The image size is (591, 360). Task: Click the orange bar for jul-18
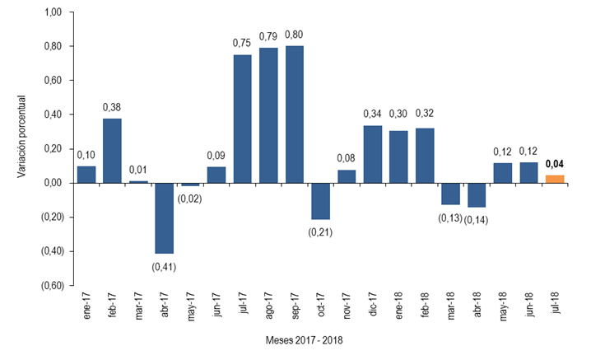pos(556,179)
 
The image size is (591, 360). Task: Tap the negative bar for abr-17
pos(165,217)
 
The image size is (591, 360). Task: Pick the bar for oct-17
pos(320,200)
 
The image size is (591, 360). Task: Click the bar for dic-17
pos(373,154)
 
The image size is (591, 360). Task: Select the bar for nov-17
pos(347,175)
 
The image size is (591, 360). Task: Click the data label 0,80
pos(295,35)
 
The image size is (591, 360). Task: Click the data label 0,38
pos(113,107)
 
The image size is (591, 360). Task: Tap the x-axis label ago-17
pos(269,306)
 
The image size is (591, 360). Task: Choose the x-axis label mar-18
pos(452,306)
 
